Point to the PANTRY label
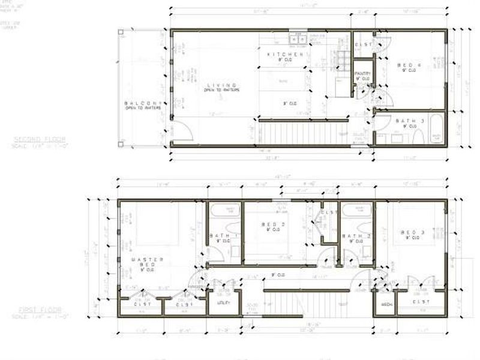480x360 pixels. coord(362,74)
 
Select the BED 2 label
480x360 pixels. coord(273,224)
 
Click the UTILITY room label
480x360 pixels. coord(223,302)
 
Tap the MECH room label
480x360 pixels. coord(386,304)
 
